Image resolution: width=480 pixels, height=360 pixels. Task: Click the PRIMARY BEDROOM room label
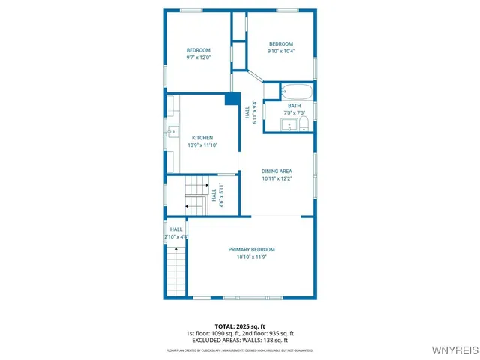251,249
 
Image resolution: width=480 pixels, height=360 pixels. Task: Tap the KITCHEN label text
202,138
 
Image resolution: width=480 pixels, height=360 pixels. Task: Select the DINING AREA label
277,172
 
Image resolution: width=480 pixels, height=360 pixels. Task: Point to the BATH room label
294,106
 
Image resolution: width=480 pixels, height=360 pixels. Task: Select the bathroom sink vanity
289,124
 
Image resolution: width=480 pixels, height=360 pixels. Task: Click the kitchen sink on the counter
172,133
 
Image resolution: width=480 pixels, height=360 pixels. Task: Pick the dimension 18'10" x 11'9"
251,256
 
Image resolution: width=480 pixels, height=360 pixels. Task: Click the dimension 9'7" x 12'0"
198,58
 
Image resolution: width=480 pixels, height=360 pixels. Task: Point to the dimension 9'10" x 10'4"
281,51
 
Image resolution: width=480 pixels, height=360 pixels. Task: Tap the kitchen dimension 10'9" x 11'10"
202,145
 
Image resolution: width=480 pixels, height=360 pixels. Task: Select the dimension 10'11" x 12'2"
277,178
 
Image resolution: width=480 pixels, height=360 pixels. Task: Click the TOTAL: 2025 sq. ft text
240,326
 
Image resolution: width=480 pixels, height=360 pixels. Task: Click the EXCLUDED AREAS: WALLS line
240,340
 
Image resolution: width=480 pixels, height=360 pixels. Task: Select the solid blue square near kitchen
232,97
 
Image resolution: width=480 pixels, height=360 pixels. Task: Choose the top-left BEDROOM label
198,50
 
